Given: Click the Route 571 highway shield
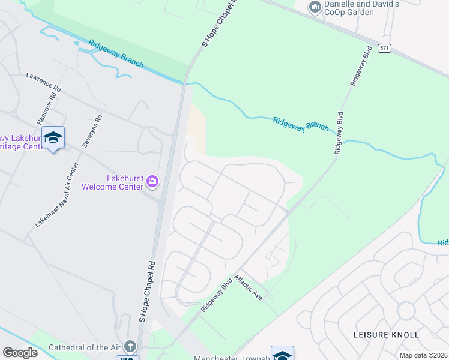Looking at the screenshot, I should (384, 49).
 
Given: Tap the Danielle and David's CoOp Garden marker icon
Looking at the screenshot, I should (315, 7).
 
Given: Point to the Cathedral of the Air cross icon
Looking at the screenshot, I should (130, 347).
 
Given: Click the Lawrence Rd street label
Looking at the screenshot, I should (43, 83).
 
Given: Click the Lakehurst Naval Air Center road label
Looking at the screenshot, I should (57, 195).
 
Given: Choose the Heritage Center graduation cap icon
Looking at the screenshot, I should (53, 138).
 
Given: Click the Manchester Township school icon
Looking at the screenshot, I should (282, 355).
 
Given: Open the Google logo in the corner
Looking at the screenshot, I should (20, 353).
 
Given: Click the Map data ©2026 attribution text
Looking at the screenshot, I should (423, 355).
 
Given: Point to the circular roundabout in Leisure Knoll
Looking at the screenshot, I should (405, 311).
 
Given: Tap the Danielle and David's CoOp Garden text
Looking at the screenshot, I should (362, 8).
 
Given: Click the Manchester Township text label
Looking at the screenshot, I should (231, 358).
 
